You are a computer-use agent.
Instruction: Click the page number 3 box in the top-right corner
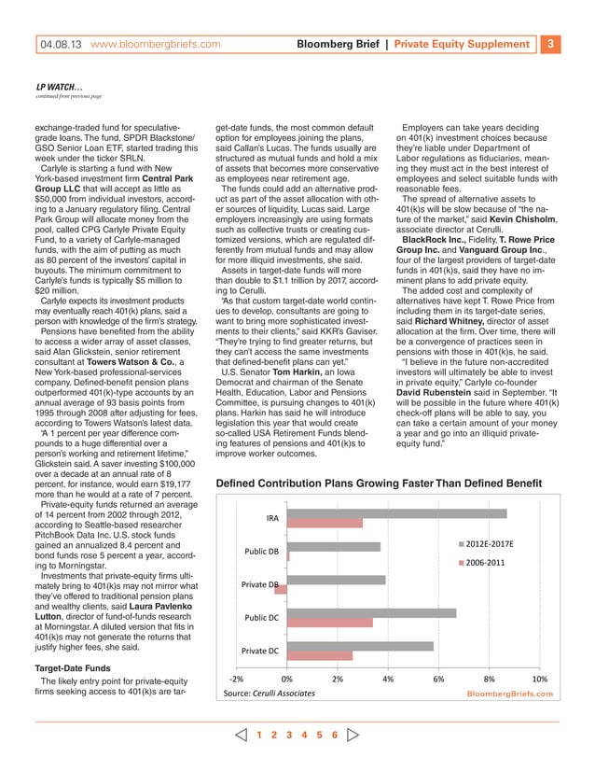[x=550, y=44]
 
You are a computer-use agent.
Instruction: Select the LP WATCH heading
[x=62, y=86]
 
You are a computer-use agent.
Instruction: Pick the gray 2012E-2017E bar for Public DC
[x=372, y=613]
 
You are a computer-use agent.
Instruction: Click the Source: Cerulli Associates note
[x=268, y=694]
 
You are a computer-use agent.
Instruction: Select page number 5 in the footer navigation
[x=317, y=735]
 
